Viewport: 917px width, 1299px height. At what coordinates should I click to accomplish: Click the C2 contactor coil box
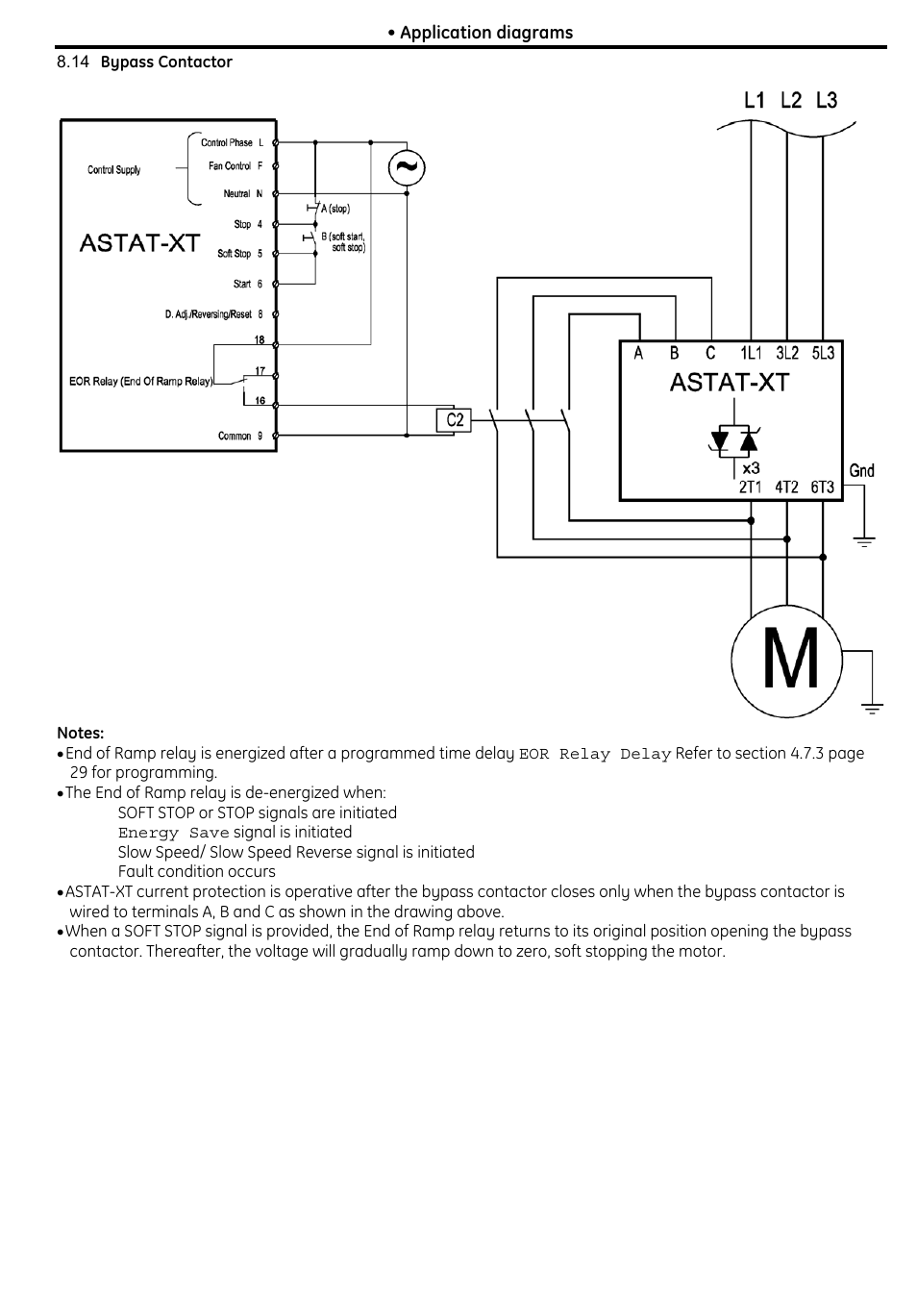[454, 420]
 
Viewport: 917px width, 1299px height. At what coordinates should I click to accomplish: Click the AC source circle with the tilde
[407, 167]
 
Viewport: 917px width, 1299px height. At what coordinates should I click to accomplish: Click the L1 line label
[755, 100]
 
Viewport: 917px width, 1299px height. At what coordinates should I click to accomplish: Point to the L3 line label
[827, 100]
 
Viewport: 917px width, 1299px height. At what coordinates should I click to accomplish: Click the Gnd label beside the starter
[861, 470]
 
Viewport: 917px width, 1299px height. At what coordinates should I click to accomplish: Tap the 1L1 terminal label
[751, 353]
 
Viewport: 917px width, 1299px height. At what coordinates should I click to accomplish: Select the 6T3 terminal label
[822, 487]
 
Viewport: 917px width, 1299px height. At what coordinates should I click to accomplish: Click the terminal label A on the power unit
[638, 353]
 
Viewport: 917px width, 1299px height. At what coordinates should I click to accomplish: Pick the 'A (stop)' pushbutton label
[335, 209]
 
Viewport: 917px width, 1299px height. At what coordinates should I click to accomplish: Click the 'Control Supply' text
[113, 170]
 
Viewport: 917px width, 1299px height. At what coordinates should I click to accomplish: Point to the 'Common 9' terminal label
[240, 436]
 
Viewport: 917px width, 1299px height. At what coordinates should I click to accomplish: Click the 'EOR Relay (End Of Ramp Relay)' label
[141, 381]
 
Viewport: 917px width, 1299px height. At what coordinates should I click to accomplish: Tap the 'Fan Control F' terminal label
[235, 165]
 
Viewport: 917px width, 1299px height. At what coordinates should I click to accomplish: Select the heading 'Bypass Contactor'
[166, 62]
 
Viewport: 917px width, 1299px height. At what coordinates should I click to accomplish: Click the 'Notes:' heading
[81, 733]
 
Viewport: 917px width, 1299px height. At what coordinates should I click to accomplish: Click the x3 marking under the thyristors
[751, 468]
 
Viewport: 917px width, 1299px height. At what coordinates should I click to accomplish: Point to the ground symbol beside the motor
[872, 709]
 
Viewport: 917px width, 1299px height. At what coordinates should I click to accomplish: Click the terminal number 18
[260, 339]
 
